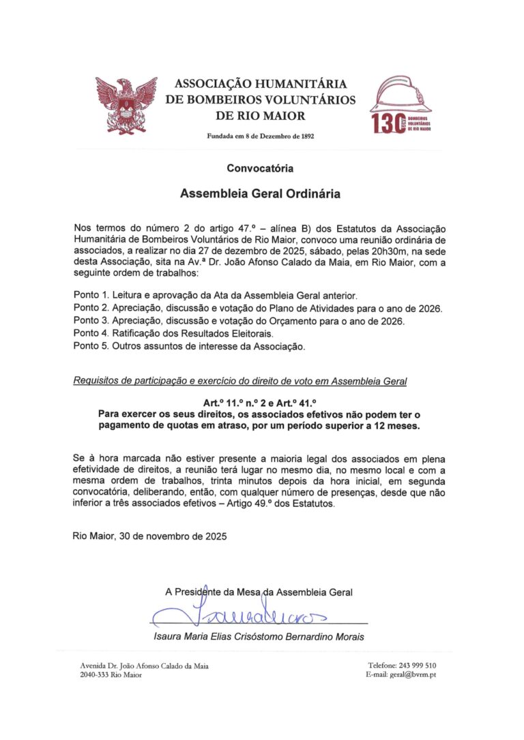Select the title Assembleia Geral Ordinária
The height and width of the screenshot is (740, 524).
coord(260,194)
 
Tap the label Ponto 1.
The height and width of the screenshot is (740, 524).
coord(92,296)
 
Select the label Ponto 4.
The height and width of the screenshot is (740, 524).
coord(92,334)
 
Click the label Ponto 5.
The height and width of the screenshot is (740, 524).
coord(92,347)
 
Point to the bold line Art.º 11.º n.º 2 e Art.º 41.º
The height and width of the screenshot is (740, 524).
coord(260,403)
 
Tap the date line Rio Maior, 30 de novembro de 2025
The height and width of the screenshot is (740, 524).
coord(149,536)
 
